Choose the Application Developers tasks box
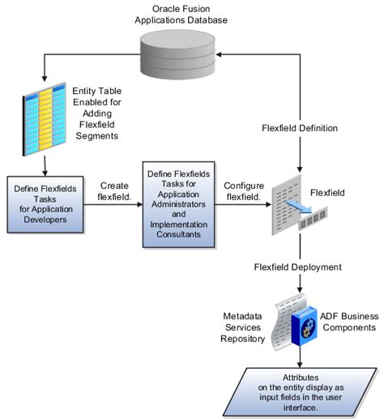pos(45,203)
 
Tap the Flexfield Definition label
pos(301,127)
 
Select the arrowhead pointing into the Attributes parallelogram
pos(301,361)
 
